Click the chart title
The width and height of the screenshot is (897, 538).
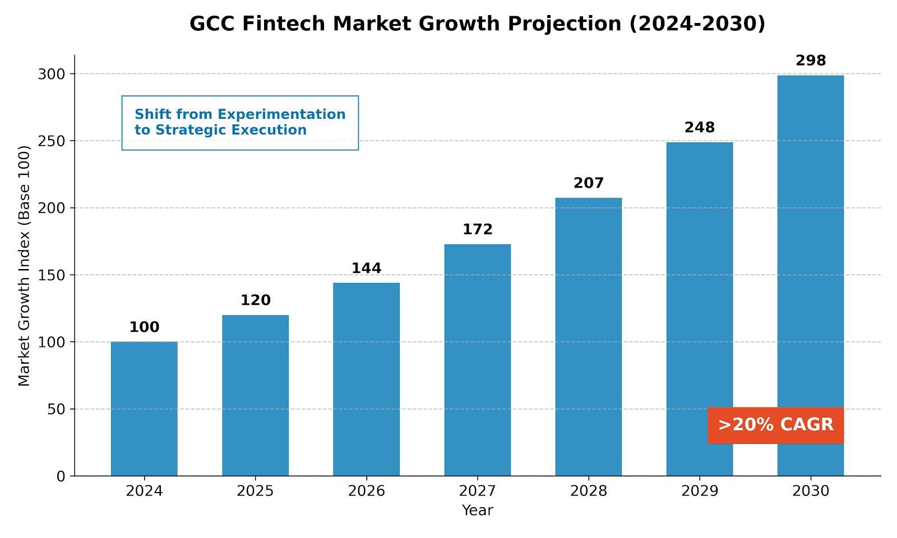pos(477,24)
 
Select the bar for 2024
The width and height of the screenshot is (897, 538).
pos(144,409)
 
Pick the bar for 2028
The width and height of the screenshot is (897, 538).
pos(588,337)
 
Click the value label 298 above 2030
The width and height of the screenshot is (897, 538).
pos(811,61)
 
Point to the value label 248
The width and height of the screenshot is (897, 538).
pos(700,128)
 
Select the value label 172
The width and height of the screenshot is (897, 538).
pos(478,229)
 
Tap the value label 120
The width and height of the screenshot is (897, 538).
pos(255,300)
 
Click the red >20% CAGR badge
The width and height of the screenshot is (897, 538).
pos(775,425)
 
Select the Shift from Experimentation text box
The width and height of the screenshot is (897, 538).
pos(240,122)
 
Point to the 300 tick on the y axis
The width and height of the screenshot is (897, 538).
pos(52,74)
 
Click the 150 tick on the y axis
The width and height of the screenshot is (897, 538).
pos(52,275)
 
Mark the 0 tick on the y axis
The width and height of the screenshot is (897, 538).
pos(61,476)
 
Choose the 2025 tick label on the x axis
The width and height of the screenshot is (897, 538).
pos(255,491)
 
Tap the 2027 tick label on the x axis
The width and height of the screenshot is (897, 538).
pos(478,491)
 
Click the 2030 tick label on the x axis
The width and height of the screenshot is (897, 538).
pos(811,491)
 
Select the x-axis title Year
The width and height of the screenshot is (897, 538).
pos(478,511)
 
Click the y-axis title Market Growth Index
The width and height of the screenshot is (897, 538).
pos(24,266)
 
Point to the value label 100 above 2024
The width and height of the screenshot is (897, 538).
pos(144,327)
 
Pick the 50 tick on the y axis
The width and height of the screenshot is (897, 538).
pos(56,409)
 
